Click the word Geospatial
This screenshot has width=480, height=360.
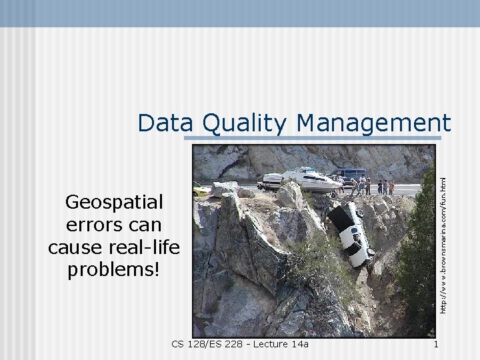coord(114,201)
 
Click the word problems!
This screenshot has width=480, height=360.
coord(114,270)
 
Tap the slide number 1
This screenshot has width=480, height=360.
coord(435,344)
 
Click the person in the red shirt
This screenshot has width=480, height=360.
coord(391,187)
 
